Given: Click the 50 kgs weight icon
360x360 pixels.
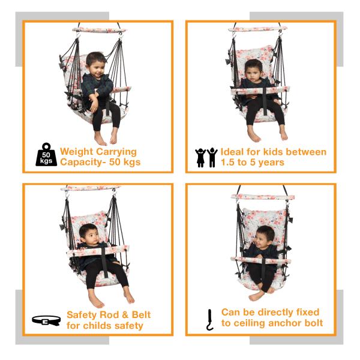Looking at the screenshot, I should [46, 154].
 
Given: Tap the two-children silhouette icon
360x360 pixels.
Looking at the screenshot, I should [206, 157].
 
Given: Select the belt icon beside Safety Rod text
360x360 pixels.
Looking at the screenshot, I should [46, 320].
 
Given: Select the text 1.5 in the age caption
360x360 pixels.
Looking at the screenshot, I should [229, 163].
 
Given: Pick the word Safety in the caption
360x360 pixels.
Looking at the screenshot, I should [82, 315].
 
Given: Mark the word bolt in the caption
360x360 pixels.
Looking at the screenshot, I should [311, 323].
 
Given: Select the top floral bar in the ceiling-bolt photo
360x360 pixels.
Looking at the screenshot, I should [265, 196].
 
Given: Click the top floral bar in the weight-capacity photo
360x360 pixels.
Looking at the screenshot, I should [100, 29].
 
